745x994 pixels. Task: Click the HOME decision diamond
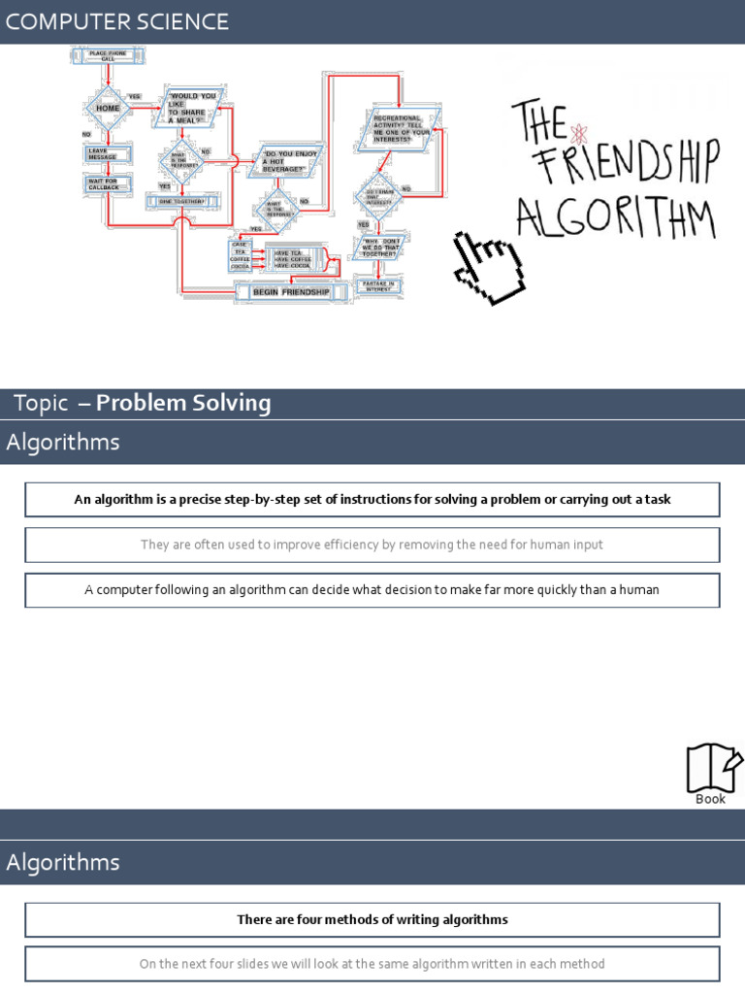[x=108, y=108]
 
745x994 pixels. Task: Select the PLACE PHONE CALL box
[x=108, y=56]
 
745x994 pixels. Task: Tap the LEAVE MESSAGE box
[x=102, y=154]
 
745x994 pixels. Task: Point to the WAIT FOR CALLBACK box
[x=102, y=183]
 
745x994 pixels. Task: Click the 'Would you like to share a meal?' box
[x=190, y=108]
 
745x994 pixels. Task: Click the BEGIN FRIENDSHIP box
[x=290, y=291]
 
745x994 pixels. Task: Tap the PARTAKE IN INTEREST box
[x=378, y=286]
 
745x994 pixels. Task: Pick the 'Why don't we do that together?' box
[x=379, y=248]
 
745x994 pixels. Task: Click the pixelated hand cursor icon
[x=491, y=262]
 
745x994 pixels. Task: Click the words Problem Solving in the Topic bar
[x=183, y=404]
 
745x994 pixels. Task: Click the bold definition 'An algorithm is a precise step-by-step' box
[x=372, y=500]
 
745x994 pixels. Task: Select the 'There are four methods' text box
[x=372, y=919]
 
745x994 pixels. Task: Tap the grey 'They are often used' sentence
[x=372, y=545]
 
